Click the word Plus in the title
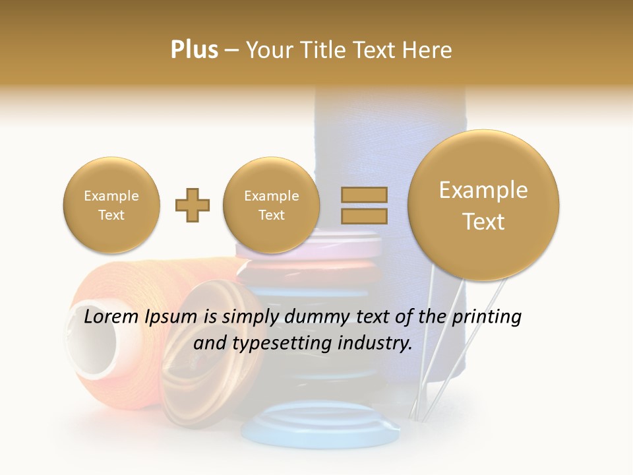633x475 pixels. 194,50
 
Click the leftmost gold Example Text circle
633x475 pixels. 111,205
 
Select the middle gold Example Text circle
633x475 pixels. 272,205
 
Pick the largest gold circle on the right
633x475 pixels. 483,205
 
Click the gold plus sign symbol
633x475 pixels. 193,206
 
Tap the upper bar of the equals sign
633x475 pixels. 364,195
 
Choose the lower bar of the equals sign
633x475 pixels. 364,216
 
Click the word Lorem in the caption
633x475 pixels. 112,317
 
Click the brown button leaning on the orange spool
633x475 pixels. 198,369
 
